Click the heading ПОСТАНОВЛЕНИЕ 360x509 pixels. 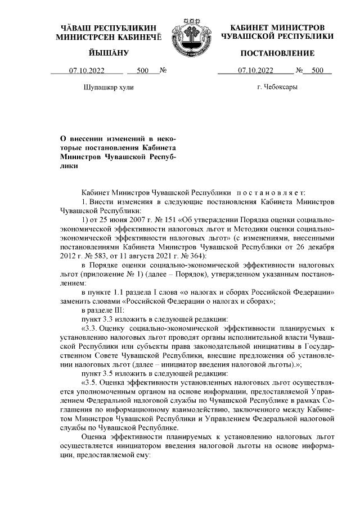pos(277,53)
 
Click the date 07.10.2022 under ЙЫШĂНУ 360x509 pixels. pos(86,71)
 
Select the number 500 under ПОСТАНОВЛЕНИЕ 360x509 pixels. pos(317,71)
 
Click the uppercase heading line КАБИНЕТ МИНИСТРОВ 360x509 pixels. pos(277,28)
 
